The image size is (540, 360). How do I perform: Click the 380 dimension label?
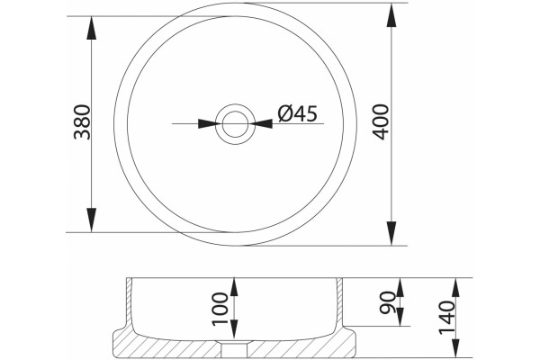point(82,122)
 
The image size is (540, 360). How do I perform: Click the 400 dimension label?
point(382,122)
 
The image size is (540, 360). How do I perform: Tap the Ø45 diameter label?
point(298,113)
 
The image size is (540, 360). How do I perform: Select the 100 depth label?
point(220,309)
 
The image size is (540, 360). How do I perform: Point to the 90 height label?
point(387,302)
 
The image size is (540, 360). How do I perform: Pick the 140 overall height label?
point(447,318)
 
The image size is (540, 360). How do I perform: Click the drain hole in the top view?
point(235,123)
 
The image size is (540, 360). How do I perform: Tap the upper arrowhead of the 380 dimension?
point(91,28)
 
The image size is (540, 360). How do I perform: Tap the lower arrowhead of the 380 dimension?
point(91,220)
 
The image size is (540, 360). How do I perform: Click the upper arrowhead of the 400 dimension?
point(391,14)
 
